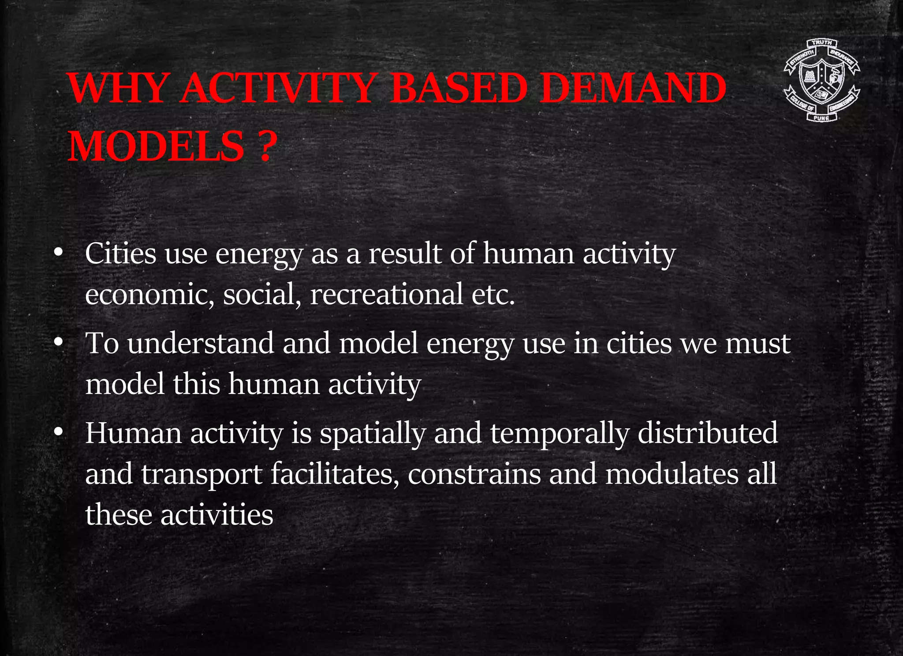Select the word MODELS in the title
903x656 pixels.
[x=156, y=146]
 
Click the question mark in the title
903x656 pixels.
[x=265, y=146]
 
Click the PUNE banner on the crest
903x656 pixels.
[x=821, y=118]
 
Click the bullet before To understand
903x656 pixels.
[x=58, y=343]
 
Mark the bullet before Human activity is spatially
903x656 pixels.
[x=58, y=433]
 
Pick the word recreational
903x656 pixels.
[x=386, y=294]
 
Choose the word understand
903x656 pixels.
[x=201, y=343]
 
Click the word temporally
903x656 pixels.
[x=559, y=433]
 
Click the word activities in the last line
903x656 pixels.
[x=216, y=514]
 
